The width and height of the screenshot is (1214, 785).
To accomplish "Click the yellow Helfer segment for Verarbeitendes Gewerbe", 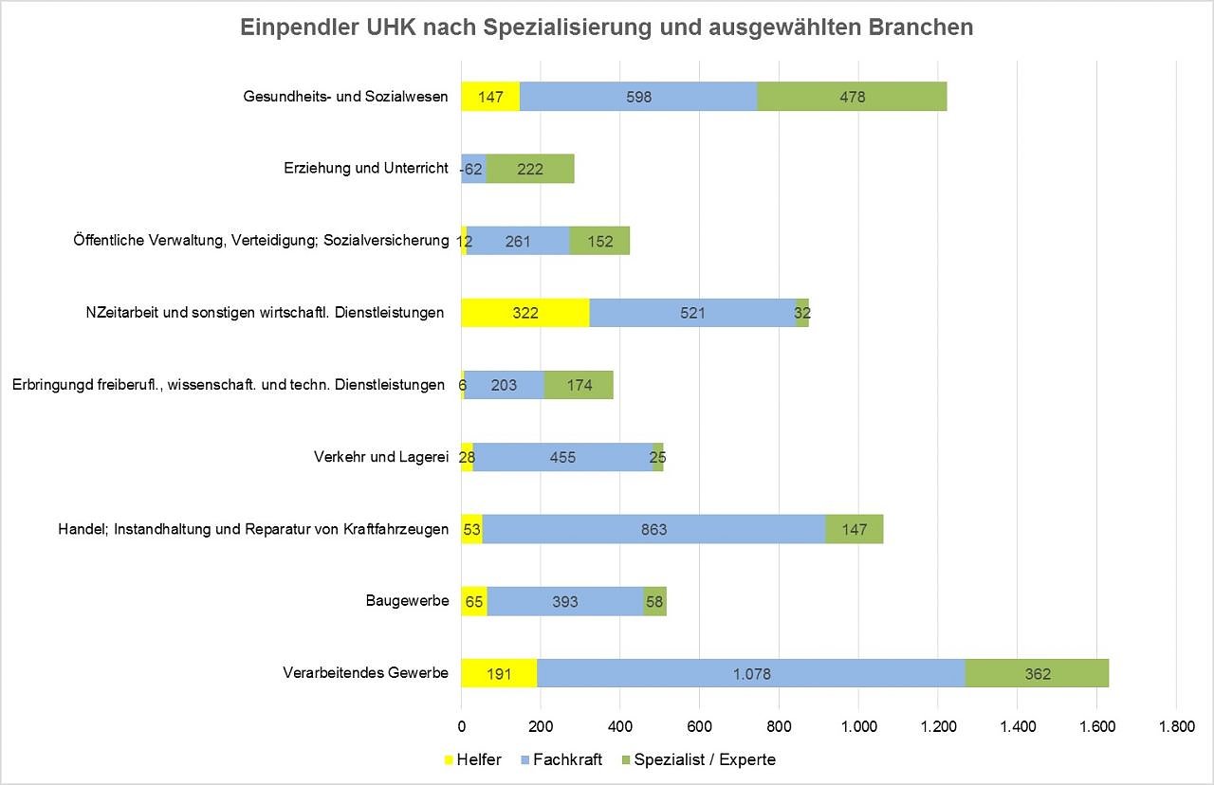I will click(x=499, y=673).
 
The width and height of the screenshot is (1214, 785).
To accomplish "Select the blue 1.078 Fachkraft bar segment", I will click(x=751, y=673).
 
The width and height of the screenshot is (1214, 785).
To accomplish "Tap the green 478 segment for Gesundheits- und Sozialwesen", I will click(x=852, y=97).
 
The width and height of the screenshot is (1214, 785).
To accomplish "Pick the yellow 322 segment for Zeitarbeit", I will click(x=524, y=313).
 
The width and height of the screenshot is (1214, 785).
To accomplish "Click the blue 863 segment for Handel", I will click(x=653, y=529).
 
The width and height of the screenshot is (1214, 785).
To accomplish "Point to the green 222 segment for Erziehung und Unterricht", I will click(x=530, y=169).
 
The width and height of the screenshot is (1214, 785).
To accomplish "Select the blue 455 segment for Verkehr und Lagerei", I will click(x=561, y=457).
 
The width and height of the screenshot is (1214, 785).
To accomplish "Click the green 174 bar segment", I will click(x=579, y=385).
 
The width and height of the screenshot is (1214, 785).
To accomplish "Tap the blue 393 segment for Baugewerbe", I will click(x=565, y=601).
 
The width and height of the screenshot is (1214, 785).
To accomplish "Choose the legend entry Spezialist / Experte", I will click(x=704, y=759).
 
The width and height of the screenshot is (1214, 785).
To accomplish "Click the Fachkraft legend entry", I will click(x=567, y=759).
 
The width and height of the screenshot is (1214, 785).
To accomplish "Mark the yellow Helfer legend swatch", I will click(x=449, y=759).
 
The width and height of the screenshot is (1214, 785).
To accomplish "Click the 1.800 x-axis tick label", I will click(x=1175, y=728).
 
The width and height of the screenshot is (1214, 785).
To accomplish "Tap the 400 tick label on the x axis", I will click(x=619, y=728).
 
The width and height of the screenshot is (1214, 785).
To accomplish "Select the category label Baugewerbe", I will click(x=407, y=601).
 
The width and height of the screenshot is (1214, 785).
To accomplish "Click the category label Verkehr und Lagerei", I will click(x=380, y=457).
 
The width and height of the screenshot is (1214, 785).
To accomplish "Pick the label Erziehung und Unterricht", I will click(x=365, y=169).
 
